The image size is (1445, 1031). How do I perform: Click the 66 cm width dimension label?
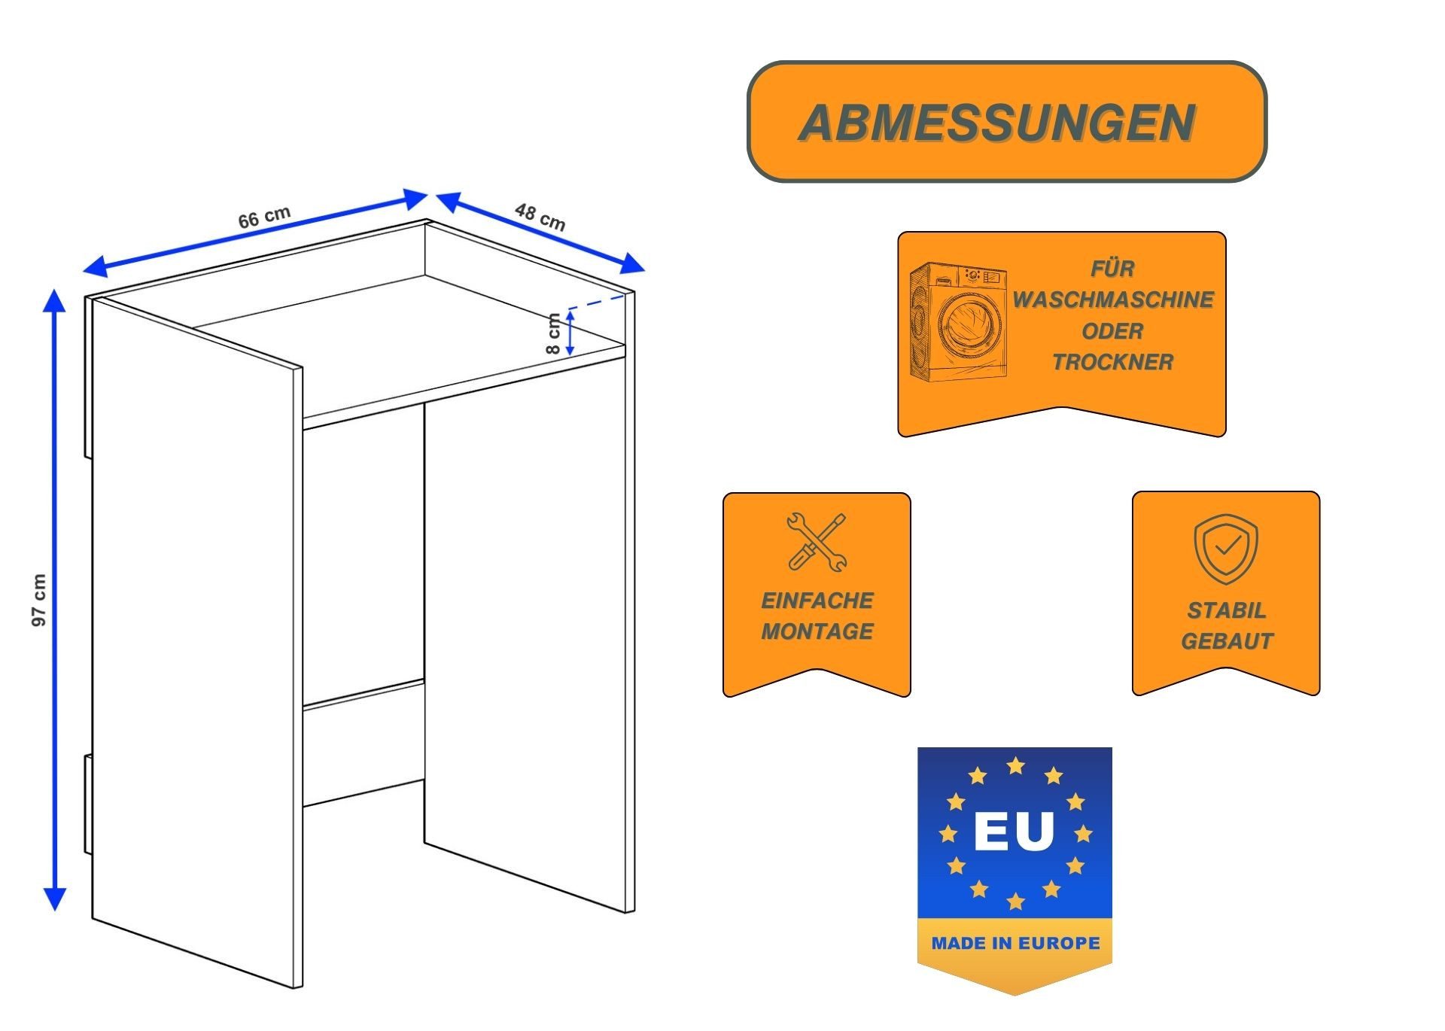pyautogui.click(x=264, y=217)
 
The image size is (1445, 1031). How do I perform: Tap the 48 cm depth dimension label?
pyautogui.click(x=540, y=217)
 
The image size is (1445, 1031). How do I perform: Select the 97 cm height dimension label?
pyautogui.click(x=39, y=600)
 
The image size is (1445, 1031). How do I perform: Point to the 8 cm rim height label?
pyautogui.click(x=553, y=334)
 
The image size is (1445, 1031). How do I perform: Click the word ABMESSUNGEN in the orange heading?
pyautogui.click(x=996, y=123)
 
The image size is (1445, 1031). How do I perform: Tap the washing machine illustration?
pyautogui.click(x=957, y=321)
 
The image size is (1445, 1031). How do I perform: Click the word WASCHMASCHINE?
pyautogui.click(x=1112, y=300)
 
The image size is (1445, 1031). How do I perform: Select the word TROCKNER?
pyautogui.click(x=1112, y=362)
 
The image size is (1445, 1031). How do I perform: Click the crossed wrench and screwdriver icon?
pyautogui.click(x=817, y=542)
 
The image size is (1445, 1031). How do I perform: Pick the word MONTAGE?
pyautogui.click(x=817, y=631)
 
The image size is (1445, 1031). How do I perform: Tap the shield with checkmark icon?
pyautogui.click(x=1225, y=549)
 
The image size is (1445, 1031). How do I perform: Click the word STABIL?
pyautogui.click(x=1226, y=610)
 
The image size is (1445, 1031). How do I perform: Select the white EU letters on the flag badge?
pyautogui.click(x=1014, y=832)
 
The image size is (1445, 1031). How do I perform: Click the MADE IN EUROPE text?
pyautogui.click(x=1015, y=943)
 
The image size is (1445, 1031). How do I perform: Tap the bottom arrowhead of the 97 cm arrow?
pyautogui.click(x=55, y=899)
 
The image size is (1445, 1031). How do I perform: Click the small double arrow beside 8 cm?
pyautogui.click(x=570, y=333)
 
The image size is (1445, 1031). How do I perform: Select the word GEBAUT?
pyautogui.click(x=1226, y=641)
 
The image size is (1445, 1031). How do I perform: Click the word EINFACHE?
pyautogui.click(x=817, y=601)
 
